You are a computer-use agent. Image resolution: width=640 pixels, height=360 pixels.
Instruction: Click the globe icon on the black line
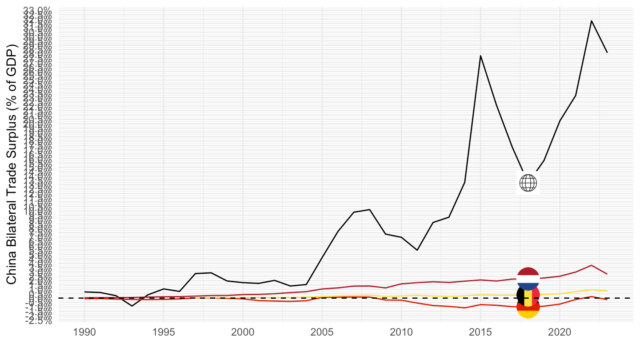[x=528, y=183]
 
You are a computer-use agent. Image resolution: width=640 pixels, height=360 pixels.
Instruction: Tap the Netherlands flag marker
[x=528, y=279]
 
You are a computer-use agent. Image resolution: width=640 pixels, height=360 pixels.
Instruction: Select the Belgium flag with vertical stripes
[x=528, y=294]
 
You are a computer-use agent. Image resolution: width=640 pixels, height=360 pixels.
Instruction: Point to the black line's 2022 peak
[x=591, y=20]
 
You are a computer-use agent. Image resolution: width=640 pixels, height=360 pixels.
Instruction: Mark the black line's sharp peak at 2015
[x=480, y=56]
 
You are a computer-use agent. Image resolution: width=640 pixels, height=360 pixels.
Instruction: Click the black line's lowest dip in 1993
[x=132, y=306]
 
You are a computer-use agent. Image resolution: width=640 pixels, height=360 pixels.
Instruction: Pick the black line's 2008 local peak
[x=370, y=209]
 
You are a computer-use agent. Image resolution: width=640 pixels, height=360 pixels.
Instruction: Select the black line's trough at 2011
[x=417, y=250]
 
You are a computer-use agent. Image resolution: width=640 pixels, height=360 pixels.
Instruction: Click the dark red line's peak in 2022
[x=591, y=265]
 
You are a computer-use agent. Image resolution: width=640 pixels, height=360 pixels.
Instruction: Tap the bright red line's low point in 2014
[x=464, y=308]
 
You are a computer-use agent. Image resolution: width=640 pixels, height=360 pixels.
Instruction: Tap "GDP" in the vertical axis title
[x=12, y=61]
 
